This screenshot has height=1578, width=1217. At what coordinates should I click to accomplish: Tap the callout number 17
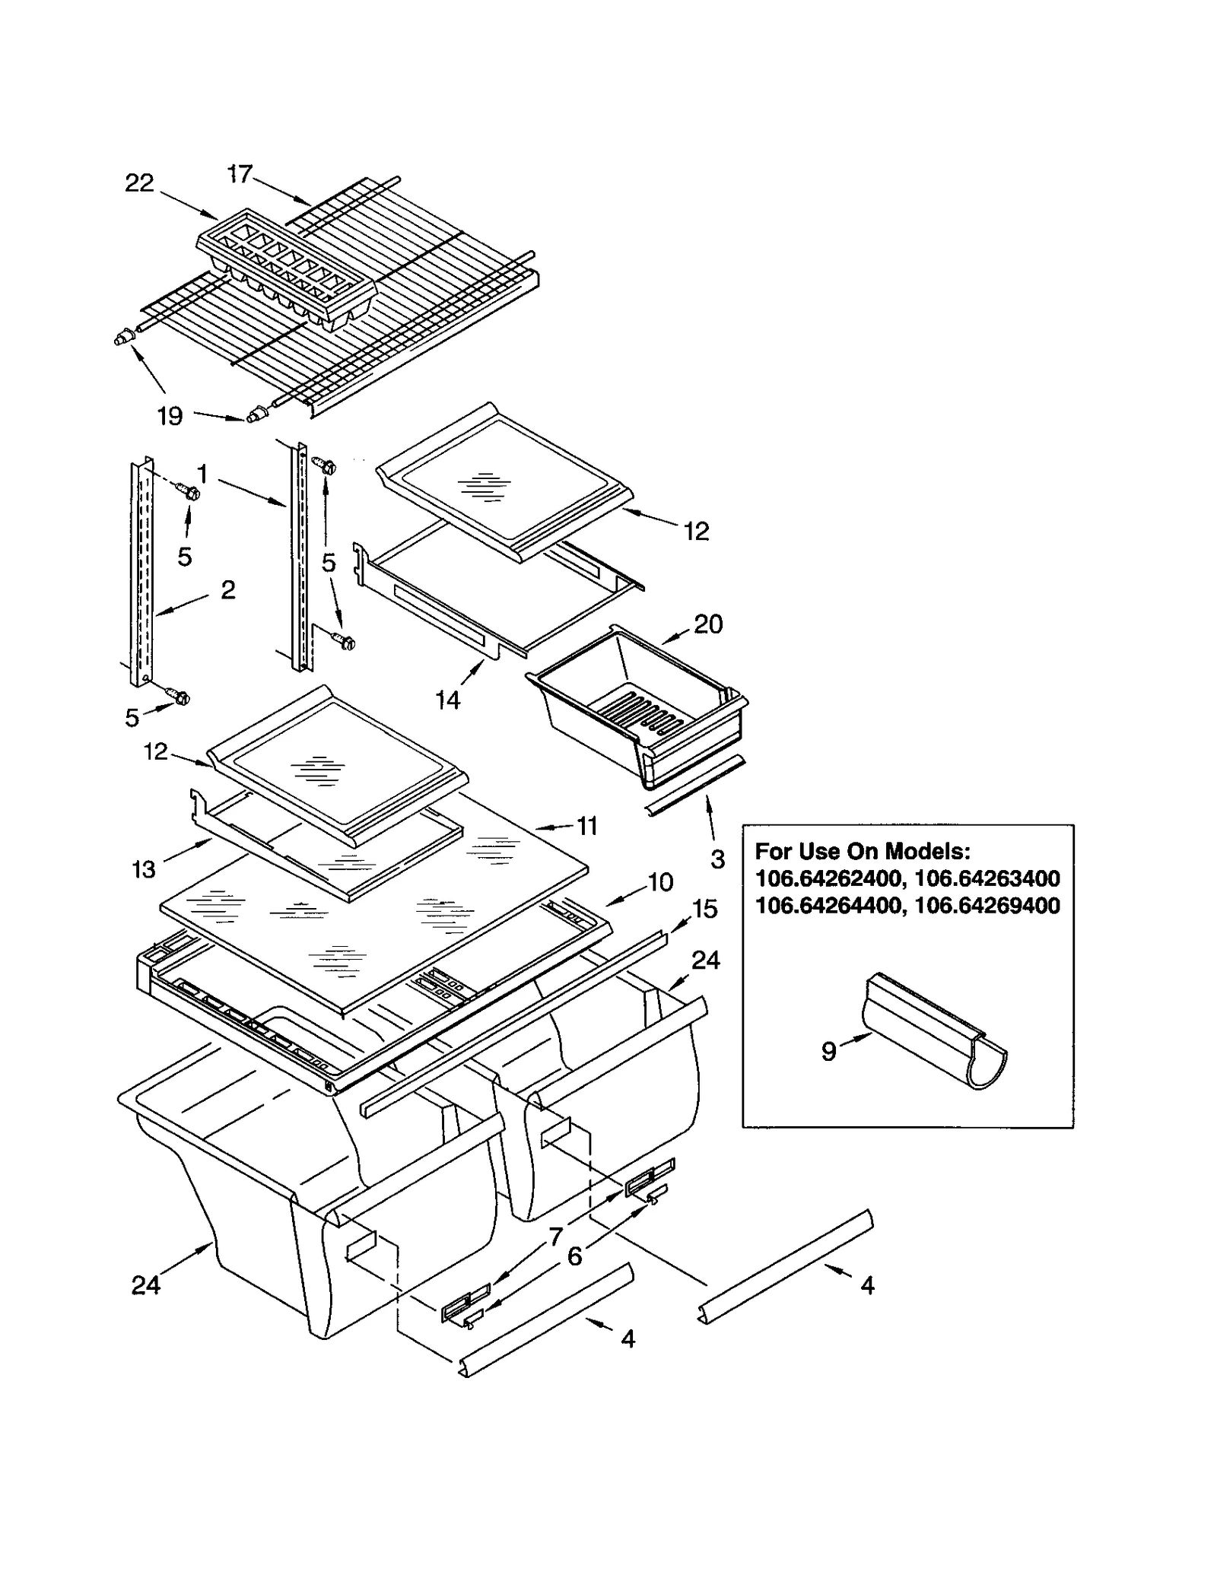pos(240,174)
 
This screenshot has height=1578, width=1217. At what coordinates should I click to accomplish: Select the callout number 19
pos(170,416)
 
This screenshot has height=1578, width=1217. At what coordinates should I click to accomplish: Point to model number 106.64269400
pos(987,906)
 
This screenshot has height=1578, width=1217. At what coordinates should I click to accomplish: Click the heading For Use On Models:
pos(863,851)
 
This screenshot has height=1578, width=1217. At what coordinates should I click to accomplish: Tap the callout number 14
pos(448,700)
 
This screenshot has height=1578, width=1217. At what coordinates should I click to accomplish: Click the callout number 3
pos(717,859)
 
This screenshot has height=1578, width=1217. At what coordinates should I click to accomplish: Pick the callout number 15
pos(705,909)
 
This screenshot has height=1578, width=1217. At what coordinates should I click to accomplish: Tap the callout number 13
pos(144,868)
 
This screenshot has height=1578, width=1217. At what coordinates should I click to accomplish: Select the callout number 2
pos(227,589)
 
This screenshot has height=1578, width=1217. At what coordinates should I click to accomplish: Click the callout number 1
pos(202,475)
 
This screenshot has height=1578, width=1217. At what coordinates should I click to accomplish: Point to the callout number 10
pos(660,881)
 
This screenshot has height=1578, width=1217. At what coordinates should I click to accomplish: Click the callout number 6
pos(575,1256)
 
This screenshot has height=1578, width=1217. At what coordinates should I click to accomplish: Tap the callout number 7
pos(556,1237)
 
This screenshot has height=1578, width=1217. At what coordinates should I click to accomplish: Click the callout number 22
pos(139,183)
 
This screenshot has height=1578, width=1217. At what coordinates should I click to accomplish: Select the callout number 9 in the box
pos(828,1050)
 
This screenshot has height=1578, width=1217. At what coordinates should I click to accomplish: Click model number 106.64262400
pos(828,878)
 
